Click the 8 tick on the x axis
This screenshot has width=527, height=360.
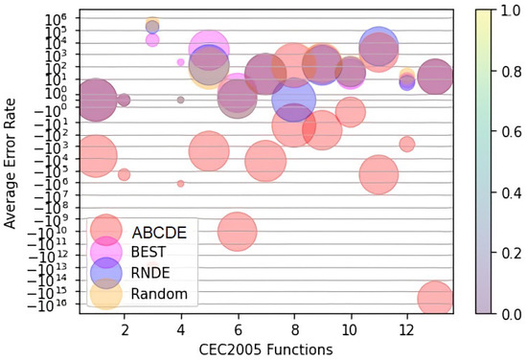[294, 327]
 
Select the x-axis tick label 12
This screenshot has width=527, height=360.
[407, 327]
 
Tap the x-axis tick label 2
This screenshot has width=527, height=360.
[125, 327]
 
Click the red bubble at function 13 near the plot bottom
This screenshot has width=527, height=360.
[435, 300]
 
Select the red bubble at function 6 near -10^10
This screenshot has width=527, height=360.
[238, 231]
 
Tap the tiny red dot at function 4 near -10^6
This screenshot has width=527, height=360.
[181, 183]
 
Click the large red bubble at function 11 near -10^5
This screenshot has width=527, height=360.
[379, 173]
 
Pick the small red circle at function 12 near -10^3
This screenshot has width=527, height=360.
[407, 144]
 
